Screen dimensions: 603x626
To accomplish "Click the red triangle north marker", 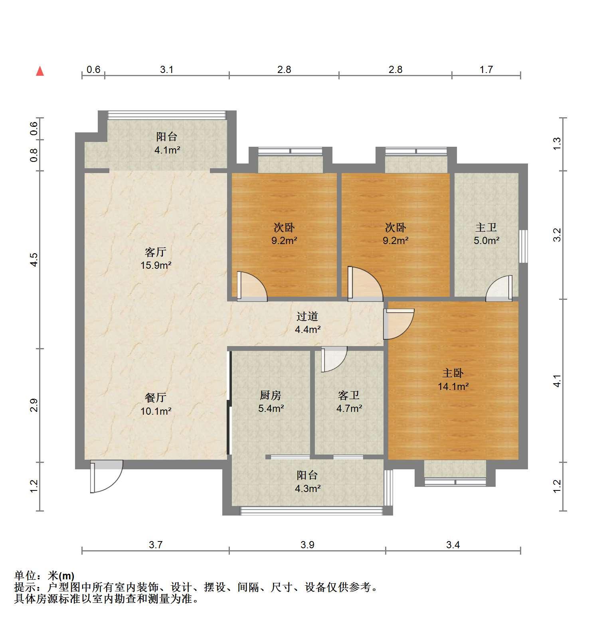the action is [x=40, y=71].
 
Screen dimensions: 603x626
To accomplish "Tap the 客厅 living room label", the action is [x=156, y=252].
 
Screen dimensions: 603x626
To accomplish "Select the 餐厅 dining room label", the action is [x=156, y=398].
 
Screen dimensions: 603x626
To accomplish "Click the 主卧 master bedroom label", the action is [x=453, y=373].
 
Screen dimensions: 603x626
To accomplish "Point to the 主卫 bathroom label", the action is [x=486, y=228].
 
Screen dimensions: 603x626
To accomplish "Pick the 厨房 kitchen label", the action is [x=271, y=396].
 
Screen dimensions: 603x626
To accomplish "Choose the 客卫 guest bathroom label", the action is [x=349, y=396].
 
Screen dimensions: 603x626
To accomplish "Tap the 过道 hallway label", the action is [x=307, y=317].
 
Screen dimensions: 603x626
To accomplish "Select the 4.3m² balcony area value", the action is [x=308, y=488].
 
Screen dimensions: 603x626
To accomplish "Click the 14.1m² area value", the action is [x=453, y=386].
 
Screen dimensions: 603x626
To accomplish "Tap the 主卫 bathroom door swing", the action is [x=499, y=288].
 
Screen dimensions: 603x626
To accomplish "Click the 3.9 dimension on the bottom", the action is [x=307, y=545].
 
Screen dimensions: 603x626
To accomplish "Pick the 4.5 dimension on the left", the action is [x=34, y=260].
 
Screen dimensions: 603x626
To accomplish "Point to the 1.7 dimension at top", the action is [x=486, y=70].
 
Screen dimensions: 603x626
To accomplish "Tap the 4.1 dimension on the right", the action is [x=557, y=381].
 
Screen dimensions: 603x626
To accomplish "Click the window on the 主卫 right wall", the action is [x=523, y=246].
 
